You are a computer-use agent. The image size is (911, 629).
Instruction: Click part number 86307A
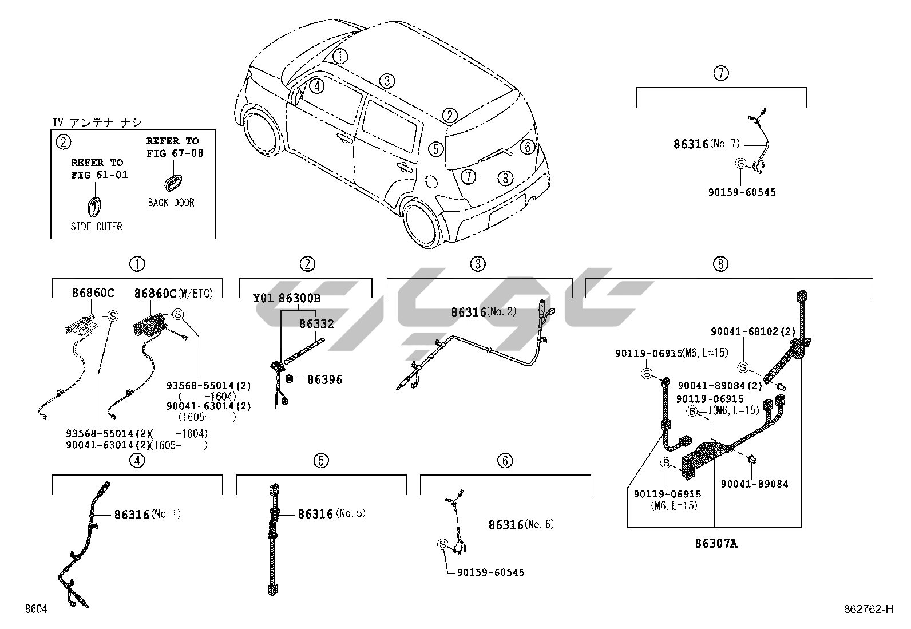coord(716,544)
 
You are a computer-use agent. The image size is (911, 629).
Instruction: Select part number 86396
coord(324,379)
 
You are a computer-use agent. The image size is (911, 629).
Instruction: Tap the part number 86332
coord(316,324)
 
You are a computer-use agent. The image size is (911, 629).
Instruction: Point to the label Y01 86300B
coord(287,298)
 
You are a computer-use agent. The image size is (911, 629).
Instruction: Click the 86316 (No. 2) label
coord(483,312)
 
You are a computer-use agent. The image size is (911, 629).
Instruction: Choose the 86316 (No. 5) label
coord(331,514)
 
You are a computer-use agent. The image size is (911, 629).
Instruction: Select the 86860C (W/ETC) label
coord(173,294)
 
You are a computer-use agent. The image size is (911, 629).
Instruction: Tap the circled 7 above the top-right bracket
coord(721,73)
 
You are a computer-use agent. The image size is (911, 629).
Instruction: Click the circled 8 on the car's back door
coord(504,178)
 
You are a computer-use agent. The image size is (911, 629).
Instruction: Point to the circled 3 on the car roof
coord(387,81)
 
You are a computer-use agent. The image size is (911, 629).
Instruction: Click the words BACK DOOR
coord(171,203)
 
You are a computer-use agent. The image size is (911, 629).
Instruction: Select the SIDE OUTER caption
coord(96,227)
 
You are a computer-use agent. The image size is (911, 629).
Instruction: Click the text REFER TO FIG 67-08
coord(175,147)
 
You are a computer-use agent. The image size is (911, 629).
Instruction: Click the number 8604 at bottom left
coord(35,609)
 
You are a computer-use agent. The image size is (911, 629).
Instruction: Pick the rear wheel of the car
coord(423,223)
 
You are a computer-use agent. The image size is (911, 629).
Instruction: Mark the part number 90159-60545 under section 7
coord(742,192)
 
